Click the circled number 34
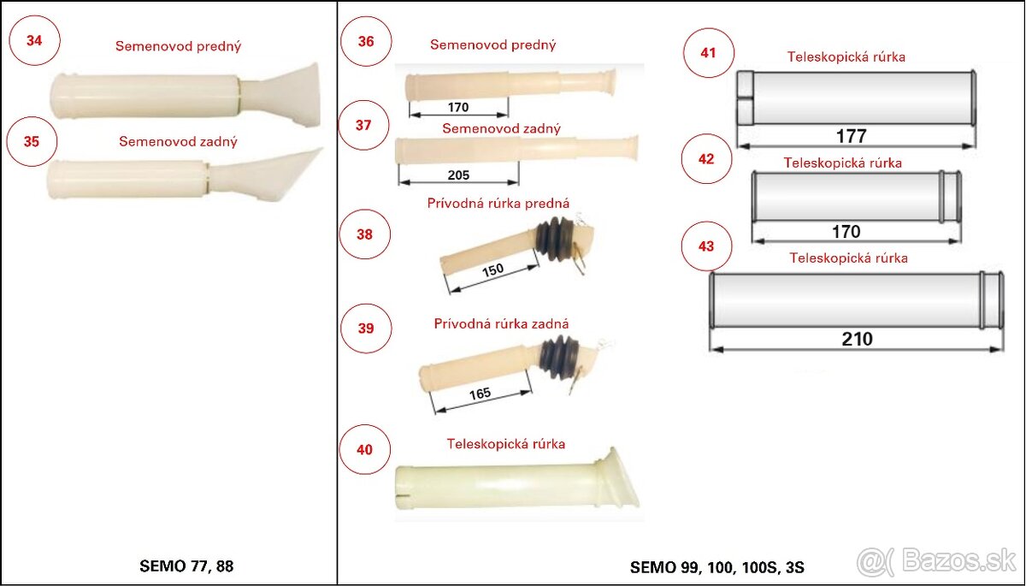coord(34,40)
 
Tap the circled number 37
coord(363,125)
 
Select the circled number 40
coord(364,449)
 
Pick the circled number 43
coord(706,246)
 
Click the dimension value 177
coord(852,136)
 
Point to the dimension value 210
coord(857,339)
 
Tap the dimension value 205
coord(458,175)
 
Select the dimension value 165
coord(481,394)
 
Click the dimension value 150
coord(492,270)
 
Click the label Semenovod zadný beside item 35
coord(178,141)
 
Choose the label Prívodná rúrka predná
coord(498,204)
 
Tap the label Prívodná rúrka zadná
coord(501,323)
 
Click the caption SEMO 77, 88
coord(186,565)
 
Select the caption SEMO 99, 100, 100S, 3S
coord(716,566)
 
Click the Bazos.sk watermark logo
coord(936,561)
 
